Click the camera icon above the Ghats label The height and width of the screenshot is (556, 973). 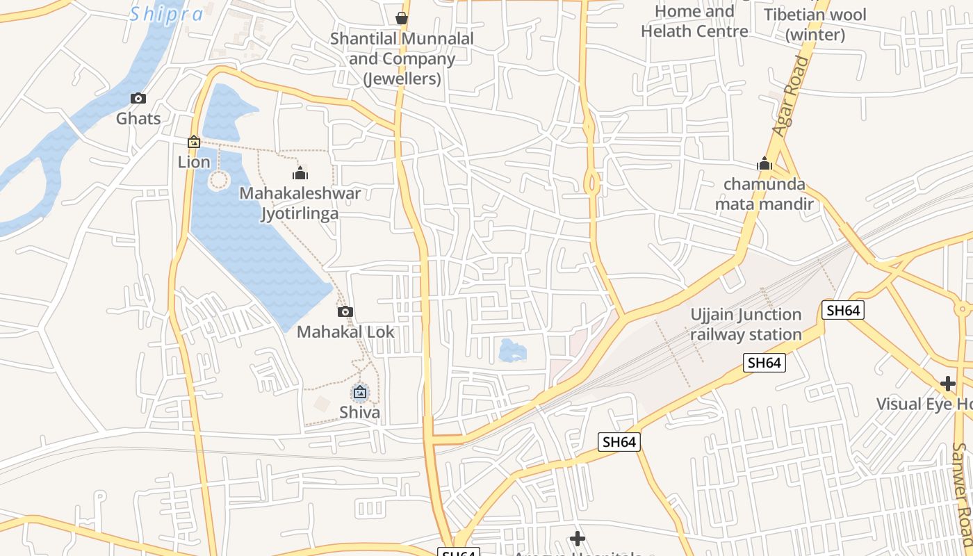[138, 98]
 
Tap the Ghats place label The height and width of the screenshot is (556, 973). [138, 118]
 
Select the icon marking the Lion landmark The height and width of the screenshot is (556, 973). [194, 142]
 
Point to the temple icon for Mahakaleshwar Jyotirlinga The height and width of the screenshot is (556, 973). [300, 172]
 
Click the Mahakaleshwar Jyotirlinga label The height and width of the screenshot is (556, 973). [300, 203]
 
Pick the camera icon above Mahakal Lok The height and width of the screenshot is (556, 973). [345, 311]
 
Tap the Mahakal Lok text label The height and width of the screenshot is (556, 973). [345, 332]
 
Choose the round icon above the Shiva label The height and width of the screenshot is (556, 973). [359, 393]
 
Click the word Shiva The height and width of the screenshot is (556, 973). [359, 413]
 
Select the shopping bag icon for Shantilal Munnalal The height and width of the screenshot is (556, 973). [402, 17]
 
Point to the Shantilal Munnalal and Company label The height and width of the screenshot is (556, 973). [402, 58]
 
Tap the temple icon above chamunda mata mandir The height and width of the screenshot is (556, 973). [764, 164]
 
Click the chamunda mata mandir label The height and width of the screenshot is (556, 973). [764, 194]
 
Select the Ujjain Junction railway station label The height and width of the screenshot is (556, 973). [746, 325]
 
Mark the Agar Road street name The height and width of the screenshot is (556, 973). [792, 97]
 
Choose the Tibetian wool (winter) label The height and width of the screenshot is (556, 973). [815, 24]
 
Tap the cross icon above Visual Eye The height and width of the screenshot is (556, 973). [948, 383]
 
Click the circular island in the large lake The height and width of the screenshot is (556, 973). [218, 181]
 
